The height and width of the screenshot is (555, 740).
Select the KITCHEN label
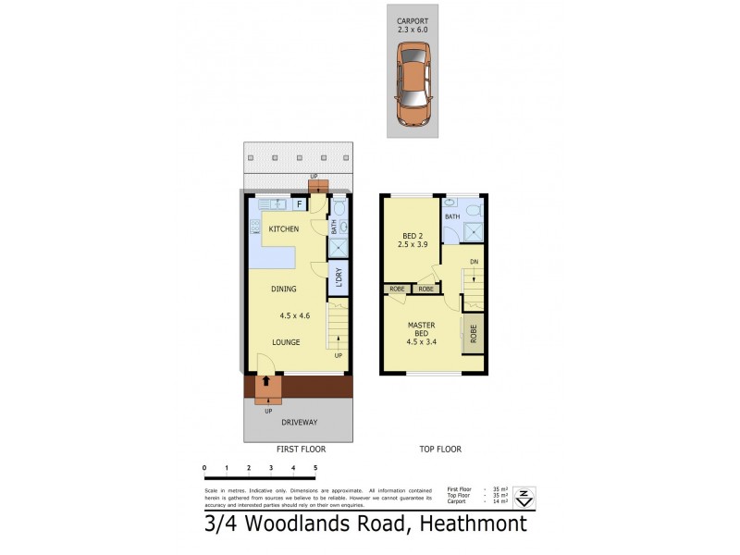283,228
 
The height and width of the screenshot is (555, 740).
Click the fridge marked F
299,203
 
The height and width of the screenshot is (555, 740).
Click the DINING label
283,289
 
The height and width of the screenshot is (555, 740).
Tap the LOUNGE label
286,342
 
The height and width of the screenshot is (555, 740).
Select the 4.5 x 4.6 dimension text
295,315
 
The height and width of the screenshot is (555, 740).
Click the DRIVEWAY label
299,422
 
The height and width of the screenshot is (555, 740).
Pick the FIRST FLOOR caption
301,449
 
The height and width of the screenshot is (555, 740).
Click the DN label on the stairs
474,262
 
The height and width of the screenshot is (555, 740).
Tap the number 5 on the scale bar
315,468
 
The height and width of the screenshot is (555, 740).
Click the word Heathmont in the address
474,524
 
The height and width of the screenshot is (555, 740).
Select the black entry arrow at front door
267,379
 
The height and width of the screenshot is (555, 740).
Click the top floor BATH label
452,216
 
